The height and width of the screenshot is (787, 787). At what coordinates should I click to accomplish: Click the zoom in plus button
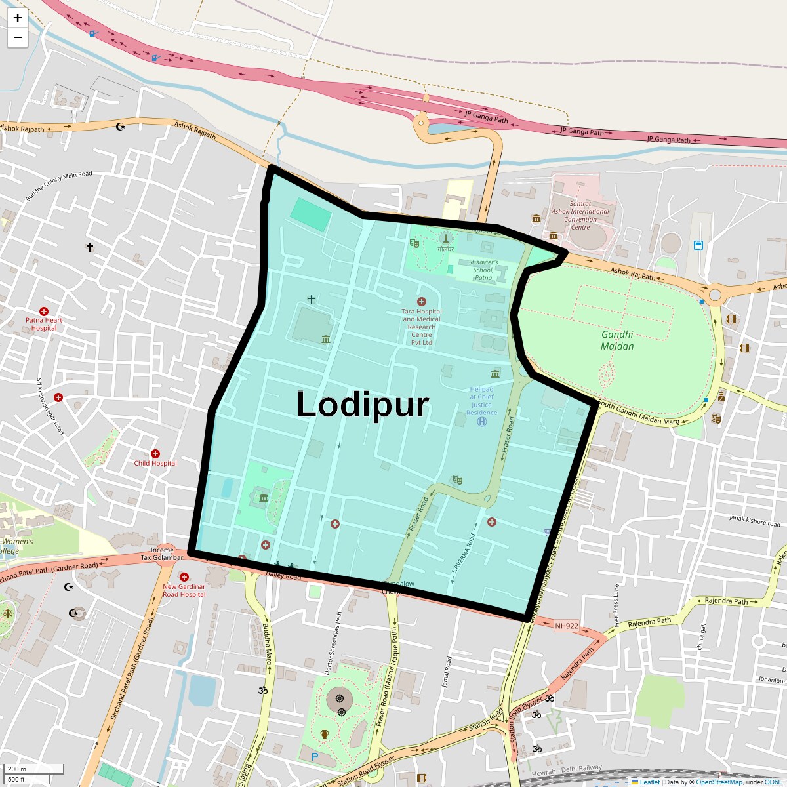click(x=18, y=18)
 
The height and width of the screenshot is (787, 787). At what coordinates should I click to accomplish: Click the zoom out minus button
click(x=18, y=38)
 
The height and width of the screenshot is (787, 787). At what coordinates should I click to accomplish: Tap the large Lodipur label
click(x=363, y=404)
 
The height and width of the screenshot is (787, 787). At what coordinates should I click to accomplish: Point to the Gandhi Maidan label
click(x=617, y=340)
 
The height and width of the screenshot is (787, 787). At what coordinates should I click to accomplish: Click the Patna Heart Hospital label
click(x=44, y=324)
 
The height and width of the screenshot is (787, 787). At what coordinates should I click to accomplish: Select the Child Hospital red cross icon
click(x=155, y=454)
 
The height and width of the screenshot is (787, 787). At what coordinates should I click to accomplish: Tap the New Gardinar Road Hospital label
click(x=184, y=591)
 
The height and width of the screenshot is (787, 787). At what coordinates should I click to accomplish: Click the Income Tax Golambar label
click(x=162, y=554)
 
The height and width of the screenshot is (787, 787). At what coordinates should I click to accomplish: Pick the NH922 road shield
click(x=567, y=626)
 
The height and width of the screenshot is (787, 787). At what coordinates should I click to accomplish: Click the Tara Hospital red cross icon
click(x=422, y=302)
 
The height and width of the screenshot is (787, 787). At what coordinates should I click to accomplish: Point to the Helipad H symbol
click(x=482, y=422)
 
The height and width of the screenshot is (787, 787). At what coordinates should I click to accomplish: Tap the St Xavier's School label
click(x=483, y=270)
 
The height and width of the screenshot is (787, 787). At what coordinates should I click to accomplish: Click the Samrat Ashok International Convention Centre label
click(x=580, y=215)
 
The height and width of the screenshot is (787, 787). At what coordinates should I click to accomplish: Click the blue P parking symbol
click(x=315, y=757)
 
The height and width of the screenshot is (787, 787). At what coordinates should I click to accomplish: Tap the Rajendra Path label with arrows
click(x=726, y=601)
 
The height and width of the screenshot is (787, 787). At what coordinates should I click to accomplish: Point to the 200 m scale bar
click(x=33, y=769)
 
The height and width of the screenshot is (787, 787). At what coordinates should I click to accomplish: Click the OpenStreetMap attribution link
click(x=719, y=782)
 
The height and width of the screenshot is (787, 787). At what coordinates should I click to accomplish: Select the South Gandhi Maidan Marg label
click(x=639, y=413)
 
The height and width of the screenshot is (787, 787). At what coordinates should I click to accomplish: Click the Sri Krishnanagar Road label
click(x=50, y=407)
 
